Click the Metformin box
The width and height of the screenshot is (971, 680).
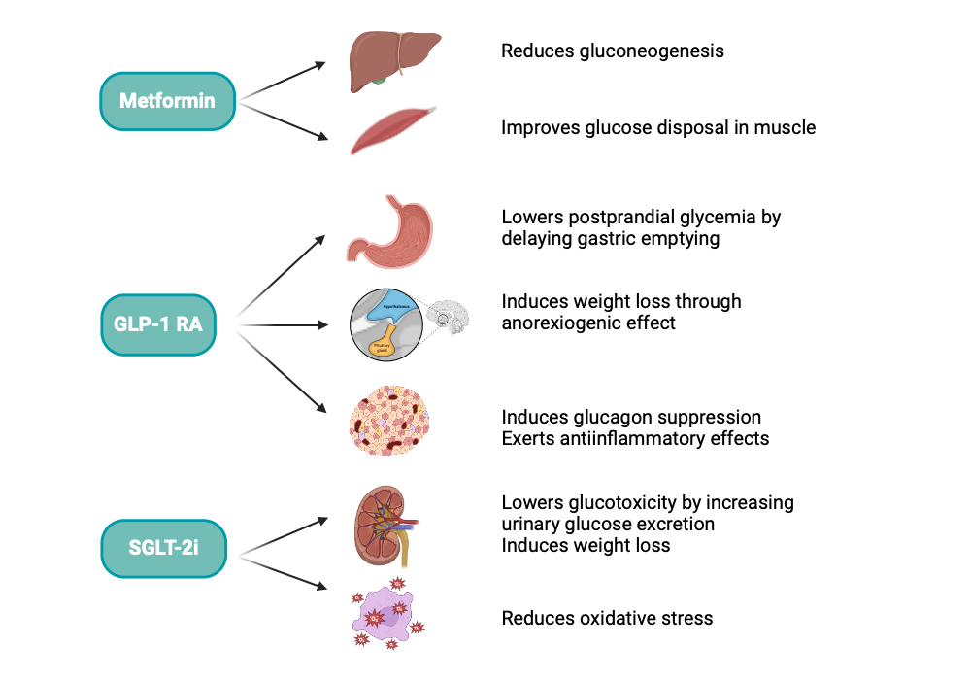tap(167, 101)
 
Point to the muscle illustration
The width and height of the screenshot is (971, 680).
tap(386, 130)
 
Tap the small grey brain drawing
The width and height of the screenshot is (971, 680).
tap(450, 317)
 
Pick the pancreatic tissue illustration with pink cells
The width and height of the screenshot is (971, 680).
tap(386, 420)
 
